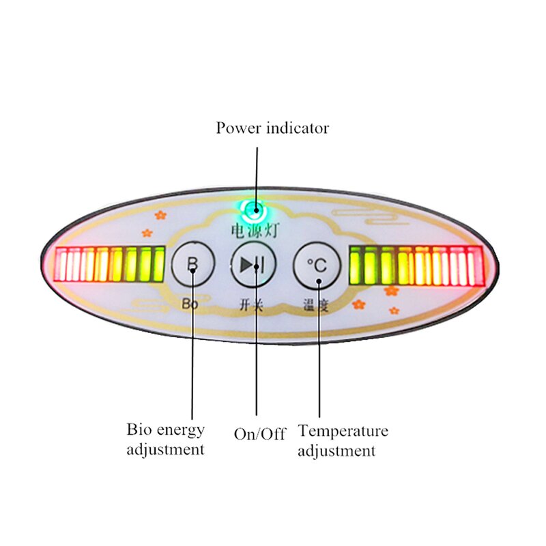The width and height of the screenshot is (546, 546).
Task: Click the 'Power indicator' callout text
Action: (272, 128)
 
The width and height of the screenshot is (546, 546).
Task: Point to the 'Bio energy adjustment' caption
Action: (165, 440)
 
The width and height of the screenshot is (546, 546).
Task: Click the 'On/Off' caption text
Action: (259, 433)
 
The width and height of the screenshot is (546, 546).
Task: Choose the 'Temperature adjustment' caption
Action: (343, 440)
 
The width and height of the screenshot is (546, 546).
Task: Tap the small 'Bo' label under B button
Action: (190, 304)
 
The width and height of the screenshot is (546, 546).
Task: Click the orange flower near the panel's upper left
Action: (160, 214)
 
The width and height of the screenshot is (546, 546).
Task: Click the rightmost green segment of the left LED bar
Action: (159, 265)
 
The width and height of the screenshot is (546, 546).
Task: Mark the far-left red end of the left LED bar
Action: (59, 265)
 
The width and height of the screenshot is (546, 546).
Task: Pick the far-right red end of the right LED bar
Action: (478, 265)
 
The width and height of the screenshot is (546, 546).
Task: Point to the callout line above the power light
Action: (257, 171)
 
